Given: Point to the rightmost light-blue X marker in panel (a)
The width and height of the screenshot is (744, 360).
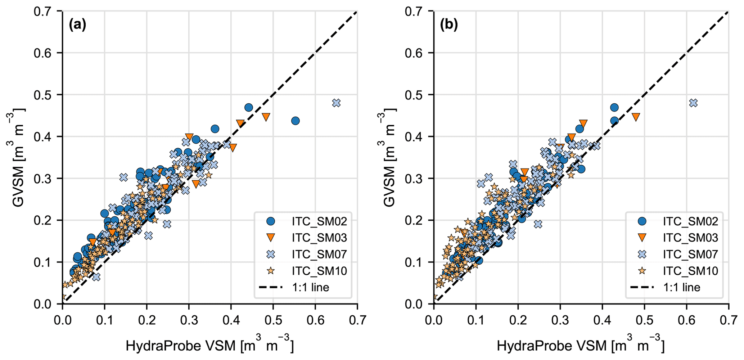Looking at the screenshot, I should click(336, 103).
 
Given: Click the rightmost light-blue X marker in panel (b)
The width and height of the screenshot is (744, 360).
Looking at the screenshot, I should click(693, 103).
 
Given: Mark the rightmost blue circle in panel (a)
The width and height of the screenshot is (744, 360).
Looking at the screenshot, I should click(296, 121).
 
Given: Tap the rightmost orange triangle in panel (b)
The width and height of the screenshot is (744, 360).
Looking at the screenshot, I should click(636, 117).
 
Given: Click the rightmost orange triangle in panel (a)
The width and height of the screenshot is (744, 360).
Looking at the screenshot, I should click(266, 117).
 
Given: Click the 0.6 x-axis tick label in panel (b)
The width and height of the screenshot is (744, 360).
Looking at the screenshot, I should click(686, 320).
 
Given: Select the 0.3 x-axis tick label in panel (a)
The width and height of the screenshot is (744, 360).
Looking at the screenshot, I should click(189, 320).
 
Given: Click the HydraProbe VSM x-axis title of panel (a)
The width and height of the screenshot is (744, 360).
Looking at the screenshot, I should click(210, 346).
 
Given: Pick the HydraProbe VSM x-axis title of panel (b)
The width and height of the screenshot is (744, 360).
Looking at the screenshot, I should click(581, 346).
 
